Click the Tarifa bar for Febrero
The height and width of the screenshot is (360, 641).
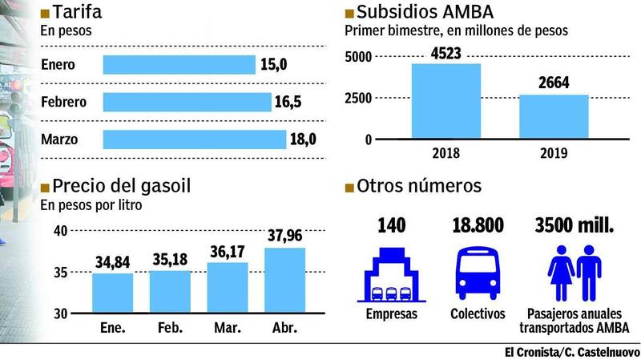click(x=187, y=102)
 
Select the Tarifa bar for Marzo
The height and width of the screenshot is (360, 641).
click(x=195, y=140)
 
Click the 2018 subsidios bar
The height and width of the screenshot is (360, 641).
click(x=446, y=102)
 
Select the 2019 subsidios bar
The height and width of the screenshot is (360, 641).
click(x=554, y=117)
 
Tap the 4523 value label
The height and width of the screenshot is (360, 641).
click(x=445, y=54)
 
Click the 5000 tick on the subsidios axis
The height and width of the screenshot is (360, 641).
click(x=357, y=56)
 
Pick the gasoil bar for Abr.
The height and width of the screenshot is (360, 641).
click(x=284, y=281)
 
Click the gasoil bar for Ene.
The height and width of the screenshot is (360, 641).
click(x=112, y=293)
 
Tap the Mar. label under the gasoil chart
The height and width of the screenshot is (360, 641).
click(x=227, y=327)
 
